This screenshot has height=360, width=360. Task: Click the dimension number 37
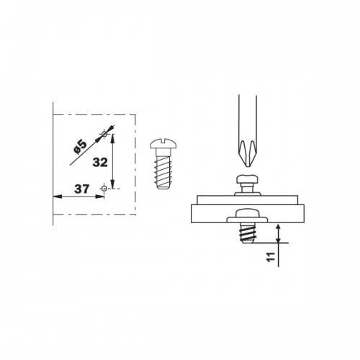81,189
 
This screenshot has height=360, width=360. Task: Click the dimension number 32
100,163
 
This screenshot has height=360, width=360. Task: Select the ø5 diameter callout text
80,147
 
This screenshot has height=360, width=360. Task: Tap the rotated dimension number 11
271,257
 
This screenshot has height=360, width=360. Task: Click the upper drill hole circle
104,134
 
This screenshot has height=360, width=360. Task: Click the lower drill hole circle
104,189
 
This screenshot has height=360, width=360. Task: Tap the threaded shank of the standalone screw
163,171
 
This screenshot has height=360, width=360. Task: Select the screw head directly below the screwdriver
248,179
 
